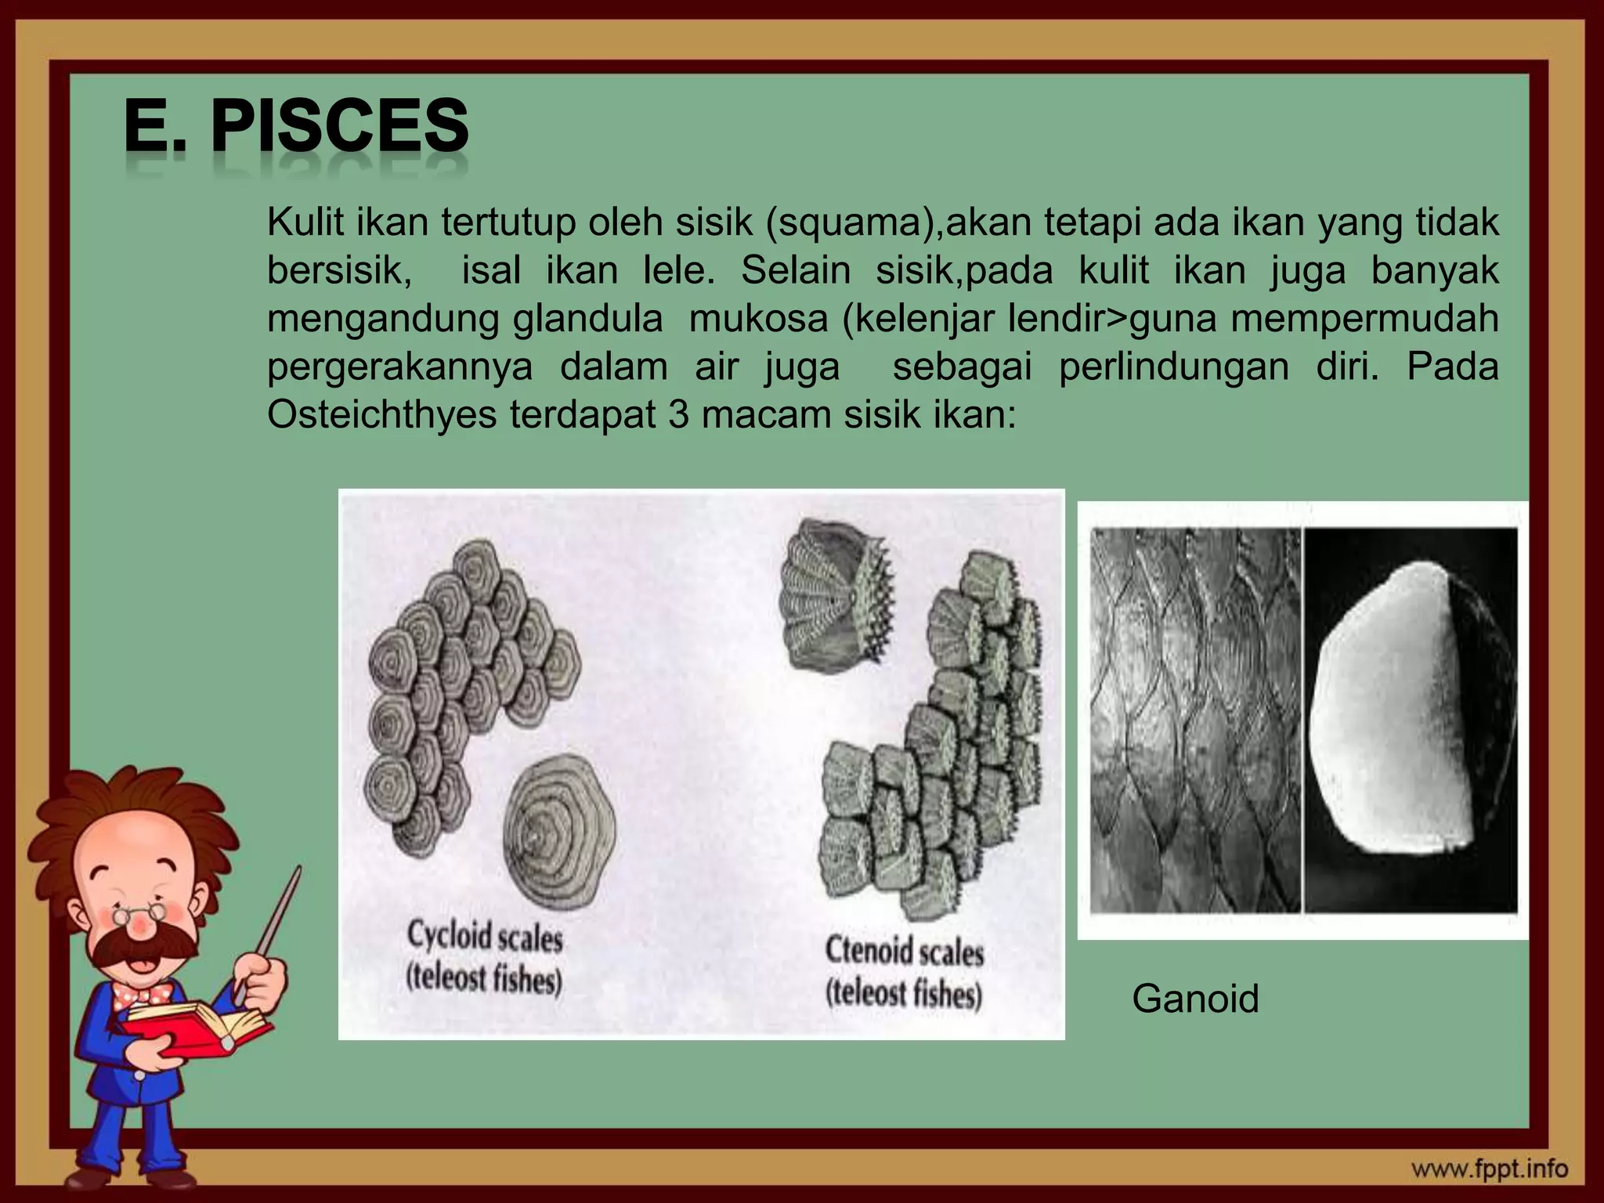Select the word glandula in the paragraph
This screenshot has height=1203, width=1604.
[x=587, y=319]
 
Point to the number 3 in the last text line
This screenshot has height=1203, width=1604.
[x=678, y=414]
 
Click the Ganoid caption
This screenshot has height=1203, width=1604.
[x=1195, y=999]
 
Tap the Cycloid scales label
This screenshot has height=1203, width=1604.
[x=485, y=937]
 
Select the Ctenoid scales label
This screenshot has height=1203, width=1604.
[x=904, y=952]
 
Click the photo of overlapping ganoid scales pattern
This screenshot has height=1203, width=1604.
[x=1195, y=721]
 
